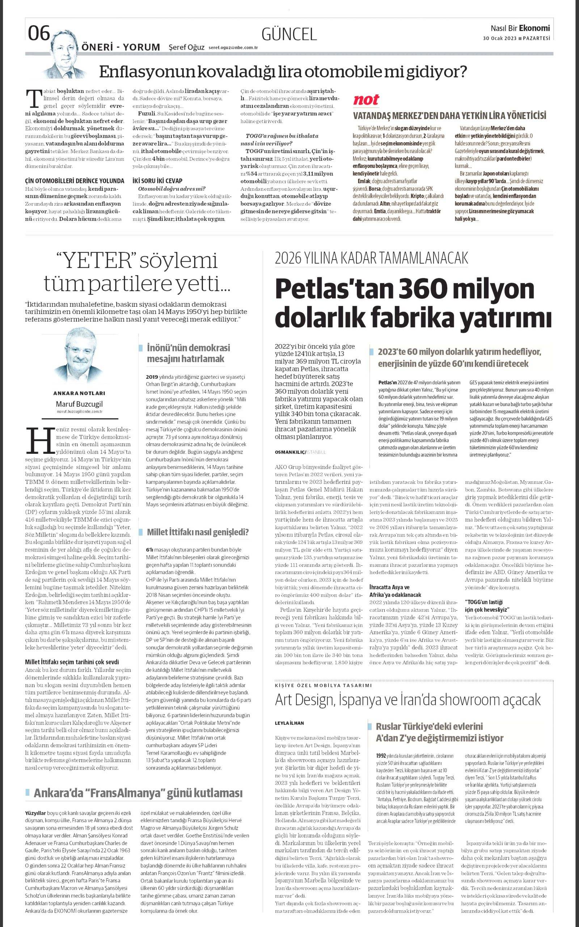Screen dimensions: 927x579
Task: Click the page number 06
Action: coord(39,34)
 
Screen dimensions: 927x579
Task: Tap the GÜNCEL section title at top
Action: coord(289,34)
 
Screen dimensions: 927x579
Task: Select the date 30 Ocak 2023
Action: coord(499,38)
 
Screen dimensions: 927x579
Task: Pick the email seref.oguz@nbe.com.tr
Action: coord(233,48)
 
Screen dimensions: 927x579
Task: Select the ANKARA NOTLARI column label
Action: coord(79,393)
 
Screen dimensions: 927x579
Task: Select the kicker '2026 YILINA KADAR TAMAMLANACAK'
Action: coord(371,258)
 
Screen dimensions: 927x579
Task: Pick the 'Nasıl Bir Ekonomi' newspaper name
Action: coord(520,28)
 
